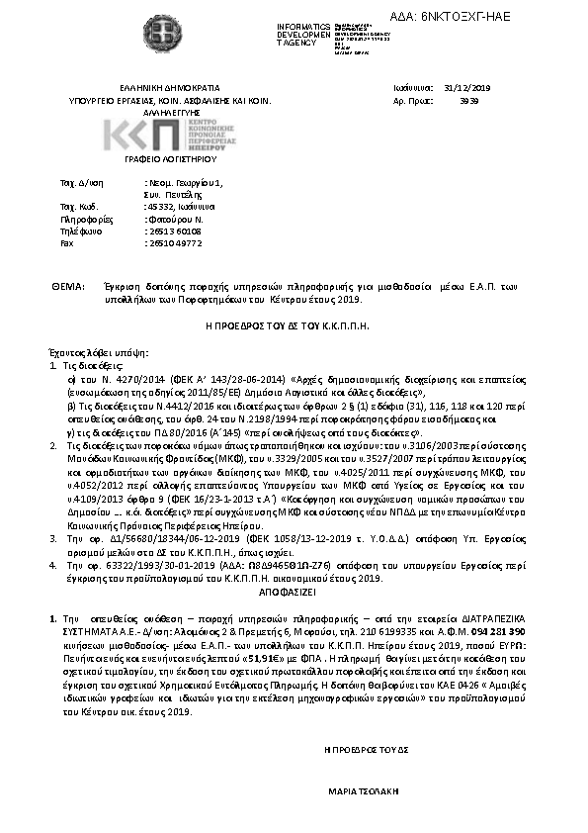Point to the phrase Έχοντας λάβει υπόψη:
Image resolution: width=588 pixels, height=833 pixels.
pos(84,352)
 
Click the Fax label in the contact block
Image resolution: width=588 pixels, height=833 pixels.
pos(67,242)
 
